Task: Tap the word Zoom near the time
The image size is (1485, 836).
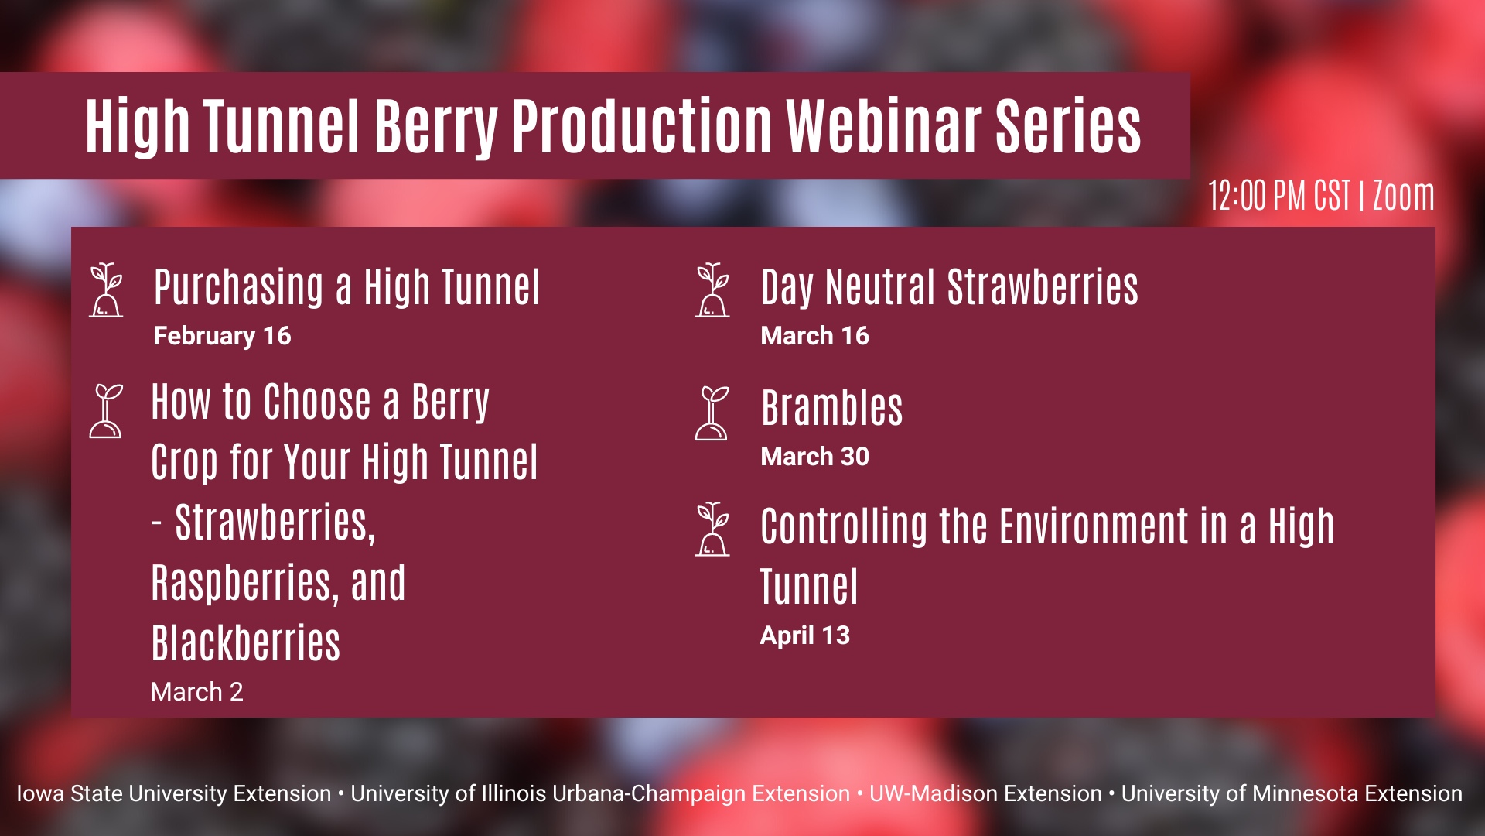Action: (1403, 195)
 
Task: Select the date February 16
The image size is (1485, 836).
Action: (222, 336)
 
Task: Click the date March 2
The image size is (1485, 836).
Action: (197, 691)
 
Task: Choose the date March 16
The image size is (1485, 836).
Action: (814, 336)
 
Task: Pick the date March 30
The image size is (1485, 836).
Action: (814, 457)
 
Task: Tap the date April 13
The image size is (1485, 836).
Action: (805, 636)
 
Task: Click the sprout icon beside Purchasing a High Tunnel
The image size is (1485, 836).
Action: (106, 290)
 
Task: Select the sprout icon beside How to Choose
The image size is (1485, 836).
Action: (106, 411)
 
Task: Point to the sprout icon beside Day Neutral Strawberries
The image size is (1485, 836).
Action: (712, 290)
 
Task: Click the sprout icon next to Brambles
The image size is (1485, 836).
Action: (712, 413)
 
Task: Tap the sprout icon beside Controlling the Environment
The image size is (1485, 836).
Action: (712, 529)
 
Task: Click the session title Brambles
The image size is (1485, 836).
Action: (832, 408)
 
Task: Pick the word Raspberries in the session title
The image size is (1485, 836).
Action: (244, 583)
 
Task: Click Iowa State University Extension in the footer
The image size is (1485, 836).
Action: (174, 793)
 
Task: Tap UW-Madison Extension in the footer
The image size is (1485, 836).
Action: (985, 793)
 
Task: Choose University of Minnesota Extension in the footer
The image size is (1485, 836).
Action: (1292, 793)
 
